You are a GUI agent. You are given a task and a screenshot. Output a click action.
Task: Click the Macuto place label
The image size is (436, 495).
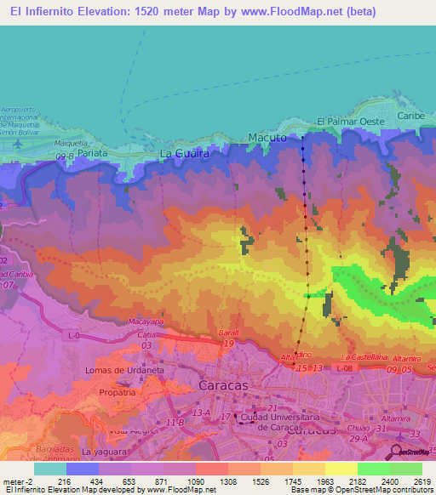pyautogui.click(x=265, y=137)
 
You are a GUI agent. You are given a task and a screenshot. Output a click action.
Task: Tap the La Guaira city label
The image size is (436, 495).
pyautogui.click(x=185, y=153)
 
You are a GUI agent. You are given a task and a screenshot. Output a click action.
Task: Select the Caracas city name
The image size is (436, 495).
pyautogui.click(x=222, y=385)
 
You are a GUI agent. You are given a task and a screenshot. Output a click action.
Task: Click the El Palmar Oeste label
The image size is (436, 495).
pyautogui.click(x=350, y=122)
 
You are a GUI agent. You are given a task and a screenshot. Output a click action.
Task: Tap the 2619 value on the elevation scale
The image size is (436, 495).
pyautogui.click(x=411, y=481)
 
